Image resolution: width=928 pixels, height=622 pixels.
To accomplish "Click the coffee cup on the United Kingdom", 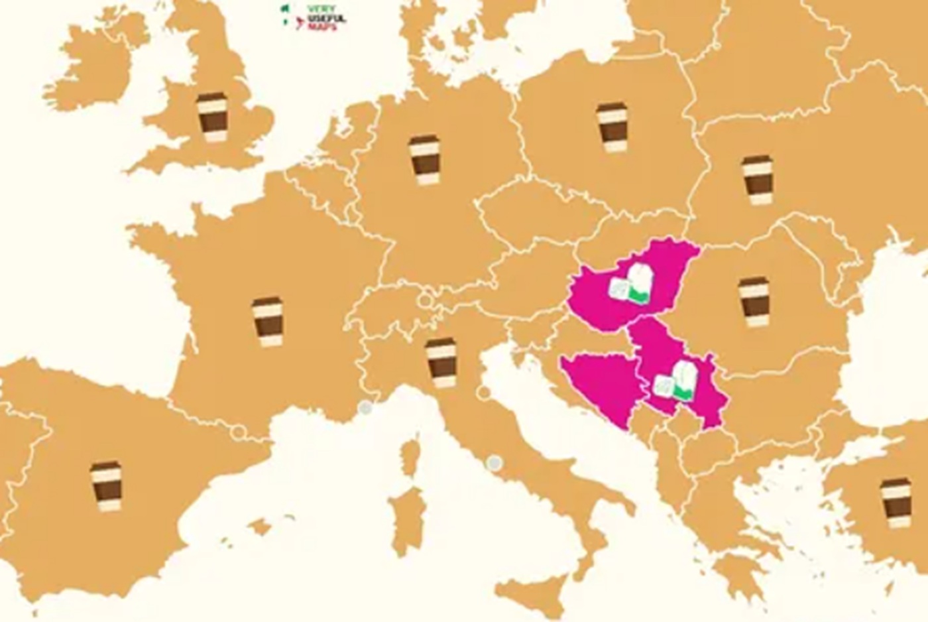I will (211, 117).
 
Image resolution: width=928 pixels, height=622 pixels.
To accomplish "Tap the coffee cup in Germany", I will (424, 160).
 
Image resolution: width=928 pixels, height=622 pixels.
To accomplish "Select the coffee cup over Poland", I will (611, 127).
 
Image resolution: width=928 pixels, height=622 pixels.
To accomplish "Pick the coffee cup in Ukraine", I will (757, 180).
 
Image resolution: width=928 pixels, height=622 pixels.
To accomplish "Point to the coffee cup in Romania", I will (754, 302).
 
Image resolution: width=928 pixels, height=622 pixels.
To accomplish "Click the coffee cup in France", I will (267, 322).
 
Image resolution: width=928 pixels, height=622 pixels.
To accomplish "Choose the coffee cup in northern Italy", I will (441, 363).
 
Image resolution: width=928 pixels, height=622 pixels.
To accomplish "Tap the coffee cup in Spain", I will (106, 486).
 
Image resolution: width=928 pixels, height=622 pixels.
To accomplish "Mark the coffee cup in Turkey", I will (896, 503).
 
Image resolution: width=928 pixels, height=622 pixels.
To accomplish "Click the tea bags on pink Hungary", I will (631, 285).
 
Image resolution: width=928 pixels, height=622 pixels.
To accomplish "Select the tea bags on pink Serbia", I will (675, 381).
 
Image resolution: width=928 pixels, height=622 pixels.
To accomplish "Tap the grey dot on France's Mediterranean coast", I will (365, 408).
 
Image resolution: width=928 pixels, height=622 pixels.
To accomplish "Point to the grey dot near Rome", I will (493, 462).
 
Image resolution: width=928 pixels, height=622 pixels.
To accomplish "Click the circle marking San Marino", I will (484, 393).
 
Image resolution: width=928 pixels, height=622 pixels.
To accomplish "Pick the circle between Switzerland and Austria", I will (424, 300).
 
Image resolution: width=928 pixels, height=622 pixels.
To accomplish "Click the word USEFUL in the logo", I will (326, 18).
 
